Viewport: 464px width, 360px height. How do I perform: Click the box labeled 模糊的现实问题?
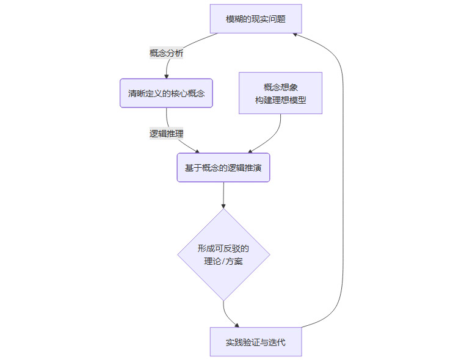[x=256, y=19]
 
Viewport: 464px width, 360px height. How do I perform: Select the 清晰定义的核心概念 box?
[x=166, y=93]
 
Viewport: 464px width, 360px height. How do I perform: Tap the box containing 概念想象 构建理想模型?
[x=280, y=93]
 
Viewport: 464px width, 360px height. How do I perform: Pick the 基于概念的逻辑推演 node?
[x=223, y=167]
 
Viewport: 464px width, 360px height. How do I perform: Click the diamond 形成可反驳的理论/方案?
[x=223, y=254]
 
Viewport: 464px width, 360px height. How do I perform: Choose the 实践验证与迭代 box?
[x=256, y=342]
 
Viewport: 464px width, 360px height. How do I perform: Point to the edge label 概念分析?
[x=167, y=53]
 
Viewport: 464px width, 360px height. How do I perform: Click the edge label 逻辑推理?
[x=167, y=133]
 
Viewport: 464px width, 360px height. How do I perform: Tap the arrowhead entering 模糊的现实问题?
[x=295, y=34]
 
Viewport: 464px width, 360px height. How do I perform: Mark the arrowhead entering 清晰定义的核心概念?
[x=167, y=76]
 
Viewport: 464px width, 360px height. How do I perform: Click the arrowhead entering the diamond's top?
[x=223, y=206]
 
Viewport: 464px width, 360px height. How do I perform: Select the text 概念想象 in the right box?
[x=280, y=87]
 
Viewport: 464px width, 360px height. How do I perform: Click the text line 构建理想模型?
[x=280, y=100]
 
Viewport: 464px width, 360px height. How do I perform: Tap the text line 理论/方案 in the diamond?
[x=223, y=262]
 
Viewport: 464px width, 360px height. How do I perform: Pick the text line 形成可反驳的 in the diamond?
[x=223, y=248]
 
